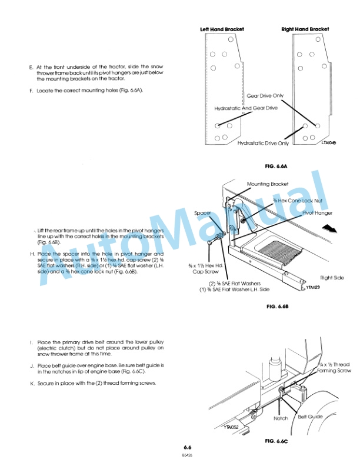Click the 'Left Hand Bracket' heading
(x=222, y=29)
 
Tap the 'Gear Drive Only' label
(x=265, y=95)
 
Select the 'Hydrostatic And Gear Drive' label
(x=246, y=108)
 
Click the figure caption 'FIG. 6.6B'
(x=279, y=307)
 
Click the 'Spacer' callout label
(x=203, y=213)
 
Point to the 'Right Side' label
(x=332, y=277)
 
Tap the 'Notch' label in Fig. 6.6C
(x=281, y=418)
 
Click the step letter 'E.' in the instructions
(x=31, y=67)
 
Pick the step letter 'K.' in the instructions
(x=31, y=384)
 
